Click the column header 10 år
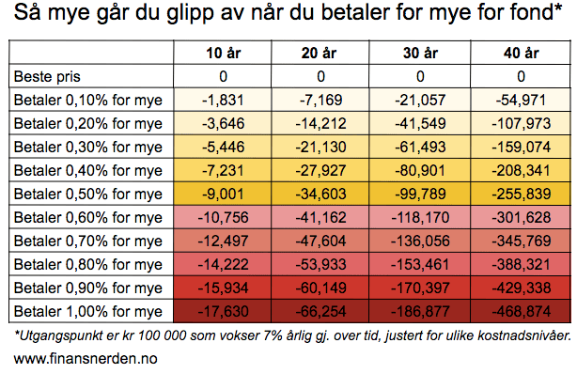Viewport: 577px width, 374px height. coord(223,53)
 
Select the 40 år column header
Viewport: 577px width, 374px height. coord(521,53)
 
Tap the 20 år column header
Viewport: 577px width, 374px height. coord(319,53)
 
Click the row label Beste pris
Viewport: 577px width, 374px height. coord(47,77)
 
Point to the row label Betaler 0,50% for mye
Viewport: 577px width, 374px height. coord(88,194)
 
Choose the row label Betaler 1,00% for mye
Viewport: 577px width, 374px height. coord(88,311)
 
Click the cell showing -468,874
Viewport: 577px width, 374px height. coord(521,311)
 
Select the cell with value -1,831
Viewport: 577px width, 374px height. coord(223,101)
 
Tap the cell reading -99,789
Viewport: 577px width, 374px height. coord(420,194)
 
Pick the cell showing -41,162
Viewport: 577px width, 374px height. coord(320,218)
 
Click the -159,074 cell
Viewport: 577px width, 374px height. coord(521,148)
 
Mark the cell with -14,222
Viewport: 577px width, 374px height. coord(223,264)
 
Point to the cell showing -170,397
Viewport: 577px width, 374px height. coord(420,288)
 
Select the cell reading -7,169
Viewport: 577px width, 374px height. coord(320,101)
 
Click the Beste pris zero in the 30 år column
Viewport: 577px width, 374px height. coord(420,76)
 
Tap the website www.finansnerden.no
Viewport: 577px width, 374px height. coord(86,359)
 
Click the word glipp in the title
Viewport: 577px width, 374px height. coord(190,13)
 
